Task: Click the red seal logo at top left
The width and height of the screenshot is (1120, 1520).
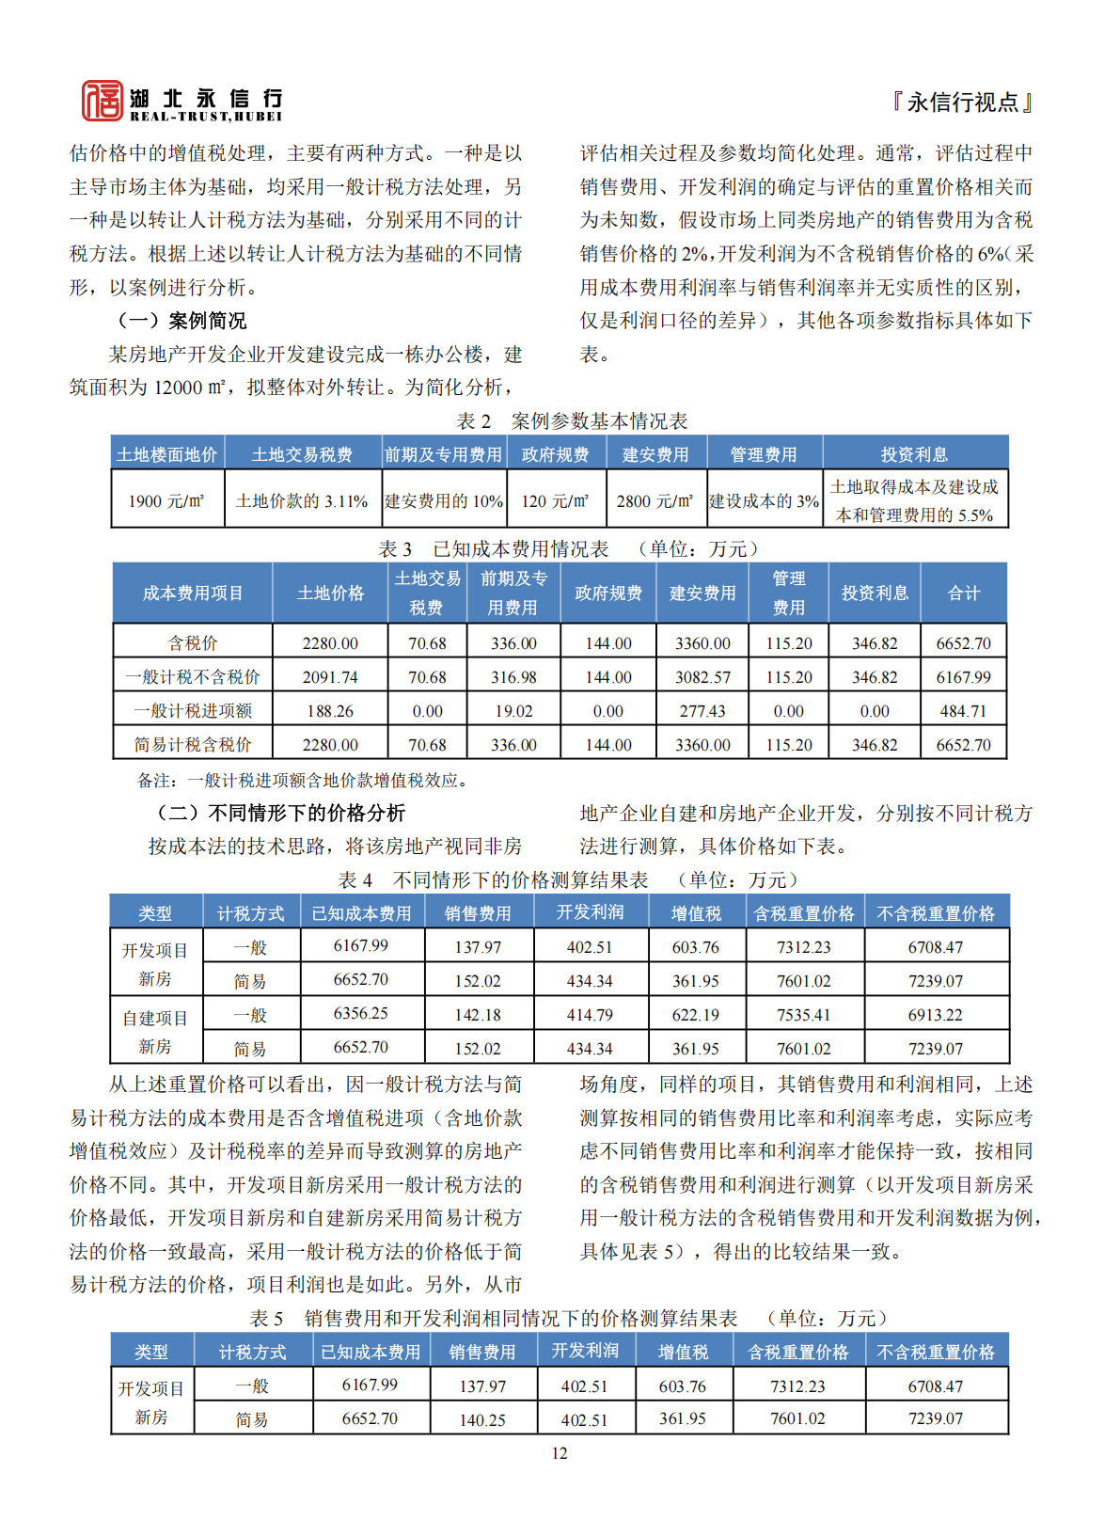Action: (102, 101)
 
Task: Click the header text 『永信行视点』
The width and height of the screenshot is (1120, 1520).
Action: (962, 102)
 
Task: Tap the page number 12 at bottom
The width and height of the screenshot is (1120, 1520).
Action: (560, 1453)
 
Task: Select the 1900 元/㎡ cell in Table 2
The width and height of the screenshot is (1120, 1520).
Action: (166, 501)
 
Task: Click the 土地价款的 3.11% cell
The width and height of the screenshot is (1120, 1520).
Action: (302, 501)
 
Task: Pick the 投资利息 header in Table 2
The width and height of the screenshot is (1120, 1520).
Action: (914, 454)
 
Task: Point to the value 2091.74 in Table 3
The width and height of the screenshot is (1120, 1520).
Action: (330, 677)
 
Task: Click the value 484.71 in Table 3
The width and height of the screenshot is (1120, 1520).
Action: (963, 711)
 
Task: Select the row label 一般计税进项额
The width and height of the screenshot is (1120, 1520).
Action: (193, 711)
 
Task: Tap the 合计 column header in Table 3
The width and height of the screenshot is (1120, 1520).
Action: (963, 593)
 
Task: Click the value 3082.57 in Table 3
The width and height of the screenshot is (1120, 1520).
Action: (702, 677)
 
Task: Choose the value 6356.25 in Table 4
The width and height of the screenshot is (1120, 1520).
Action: (361, 1014)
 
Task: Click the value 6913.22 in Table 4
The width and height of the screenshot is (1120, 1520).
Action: (936, 1015)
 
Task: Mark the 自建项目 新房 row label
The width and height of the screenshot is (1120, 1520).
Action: (155, 1032)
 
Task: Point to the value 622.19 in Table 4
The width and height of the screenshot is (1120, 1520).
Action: (696, 1015)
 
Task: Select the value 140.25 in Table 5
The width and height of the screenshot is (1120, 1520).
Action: (482, 1419)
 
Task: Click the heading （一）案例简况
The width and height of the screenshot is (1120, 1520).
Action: (181, 321)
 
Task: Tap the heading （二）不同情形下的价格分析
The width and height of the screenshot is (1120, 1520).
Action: (280, 813)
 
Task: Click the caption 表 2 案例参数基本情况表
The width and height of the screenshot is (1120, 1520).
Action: (572, 420)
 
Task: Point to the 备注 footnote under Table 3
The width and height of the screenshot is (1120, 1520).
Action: (303, 780)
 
